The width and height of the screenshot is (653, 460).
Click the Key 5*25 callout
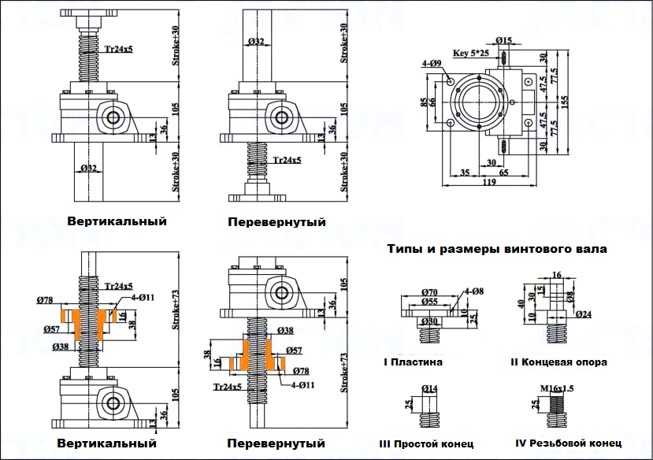[x=471, y=54]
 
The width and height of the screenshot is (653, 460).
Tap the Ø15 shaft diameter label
[x=505, y=40]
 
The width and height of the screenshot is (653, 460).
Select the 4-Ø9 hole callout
[x=432, y=62]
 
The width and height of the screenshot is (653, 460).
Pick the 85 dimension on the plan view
[x=424, y=102]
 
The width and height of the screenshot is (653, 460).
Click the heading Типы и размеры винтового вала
[x=497, y=250]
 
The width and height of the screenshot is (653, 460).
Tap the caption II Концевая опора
[x=558, y=362]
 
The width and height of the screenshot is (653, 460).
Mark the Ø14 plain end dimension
[x=430, y=388]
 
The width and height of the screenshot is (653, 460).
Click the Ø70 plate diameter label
[x=430, y=292]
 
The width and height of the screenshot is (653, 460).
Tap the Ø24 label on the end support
[x=583, y=315]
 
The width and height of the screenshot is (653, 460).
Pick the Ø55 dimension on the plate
[x=429, y=302]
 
